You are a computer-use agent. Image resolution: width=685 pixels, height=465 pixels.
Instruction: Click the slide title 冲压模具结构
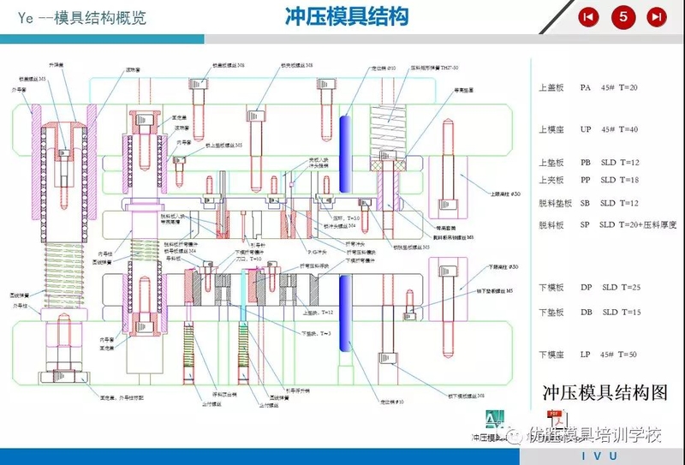[346, 16]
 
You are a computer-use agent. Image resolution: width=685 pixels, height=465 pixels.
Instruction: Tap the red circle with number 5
[622, 16]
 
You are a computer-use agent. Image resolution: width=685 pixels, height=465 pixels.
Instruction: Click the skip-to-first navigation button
[589, 16]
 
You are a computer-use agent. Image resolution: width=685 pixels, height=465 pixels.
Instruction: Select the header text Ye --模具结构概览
[74, 18]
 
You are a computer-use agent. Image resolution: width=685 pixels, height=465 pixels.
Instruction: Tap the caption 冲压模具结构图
[605, 393]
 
